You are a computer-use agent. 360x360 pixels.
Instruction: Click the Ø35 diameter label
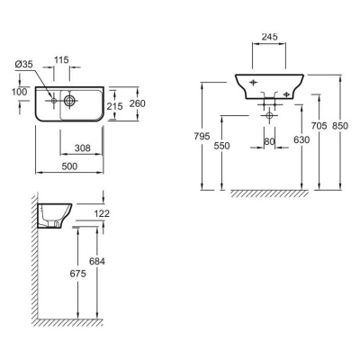23,65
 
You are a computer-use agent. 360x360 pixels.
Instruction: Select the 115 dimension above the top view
61,60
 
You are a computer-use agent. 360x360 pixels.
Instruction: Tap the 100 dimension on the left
20,92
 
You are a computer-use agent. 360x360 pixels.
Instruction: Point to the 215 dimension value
115,106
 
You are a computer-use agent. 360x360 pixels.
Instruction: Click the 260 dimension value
138,103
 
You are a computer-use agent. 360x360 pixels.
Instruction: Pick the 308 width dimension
83,148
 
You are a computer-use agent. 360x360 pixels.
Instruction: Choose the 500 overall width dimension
69,166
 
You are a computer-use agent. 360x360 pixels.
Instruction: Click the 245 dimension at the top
270,37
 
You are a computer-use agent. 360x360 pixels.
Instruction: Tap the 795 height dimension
202,136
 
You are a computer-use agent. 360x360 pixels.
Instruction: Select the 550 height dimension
221,146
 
